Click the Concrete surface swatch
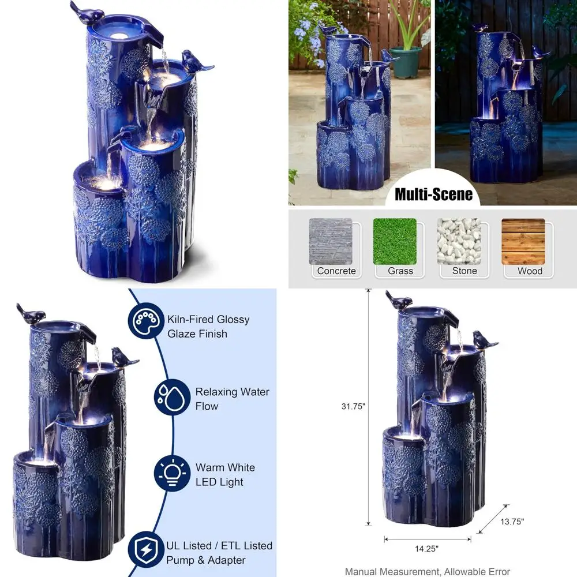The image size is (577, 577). coord(331,241)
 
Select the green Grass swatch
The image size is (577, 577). coord(395,241)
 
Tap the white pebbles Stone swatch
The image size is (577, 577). coord(459,241)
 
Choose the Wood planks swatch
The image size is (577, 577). coord(523,241)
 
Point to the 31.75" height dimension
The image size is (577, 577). coord(353,406)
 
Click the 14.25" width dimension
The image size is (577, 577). coord(427,548)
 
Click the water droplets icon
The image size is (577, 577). coord(171,398)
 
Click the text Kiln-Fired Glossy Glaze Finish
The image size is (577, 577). coord(208,327)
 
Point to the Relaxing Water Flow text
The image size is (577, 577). coord(232,399)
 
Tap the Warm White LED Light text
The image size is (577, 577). coord(224,474)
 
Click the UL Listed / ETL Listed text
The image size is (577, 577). coord(219,545)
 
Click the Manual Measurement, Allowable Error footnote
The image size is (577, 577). coord(428,571)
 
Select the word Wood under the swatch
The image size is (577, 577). coord(530,271)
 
